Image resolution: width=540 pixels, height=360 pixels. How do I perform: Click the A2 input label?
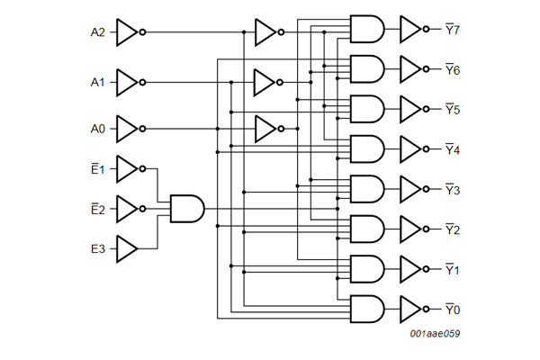tap(98, 32)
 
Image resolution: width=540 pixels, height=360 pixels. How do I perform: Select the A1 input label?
tap(98, 82)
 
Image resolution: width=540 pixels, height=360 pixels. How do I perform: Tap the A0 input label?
tap(98, 129)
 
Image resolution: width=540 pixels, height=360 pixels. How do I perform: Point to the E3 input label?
tap(98, 247)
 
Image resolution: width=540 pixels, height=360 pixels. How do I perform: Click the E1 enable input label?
tap(98, 168)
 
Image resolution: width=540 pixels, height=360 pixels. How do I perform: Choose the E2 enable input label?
tap(98, 209)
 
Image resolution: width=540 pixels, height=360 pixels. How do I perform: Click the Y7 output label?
tap(453, 30)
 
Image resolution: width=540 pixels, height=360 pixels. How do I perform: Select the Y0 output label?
tap(453, 310)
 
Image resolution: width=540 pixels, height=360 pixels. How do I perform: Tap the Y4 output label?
tap(453, 149)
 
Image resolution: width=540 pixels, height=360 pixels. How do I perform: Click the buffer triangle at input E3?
tap(127, 247)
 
